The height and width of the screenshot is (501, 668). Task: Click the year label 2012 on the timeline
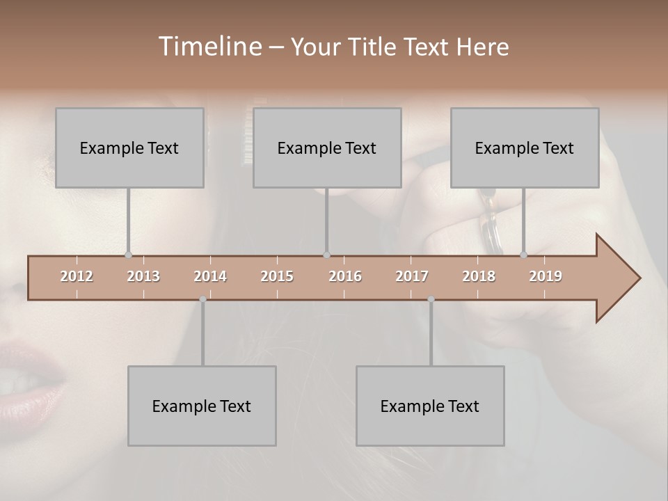[x=77, y=276]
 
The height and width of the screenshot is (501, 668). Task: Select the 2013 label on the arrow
[x=143, y=276]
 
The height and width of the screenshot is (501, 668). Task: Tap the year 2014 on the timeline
[x=210, y=276]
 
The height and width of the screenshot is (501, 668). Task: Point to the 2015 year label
[x=277, y=276]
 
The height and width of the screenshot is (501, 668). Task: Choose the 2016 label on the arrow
[x=345, y=276]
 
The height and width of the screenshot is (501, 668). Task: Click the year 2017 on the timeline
[x=412, y=276]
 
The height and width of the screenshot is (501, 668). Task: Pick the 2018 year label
[x=479, y=276]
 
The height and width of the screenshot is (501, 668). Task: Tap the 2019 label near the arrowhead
[x=546, y=276]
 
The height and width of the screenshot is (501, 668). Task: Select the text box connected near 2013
[x=129, y=148]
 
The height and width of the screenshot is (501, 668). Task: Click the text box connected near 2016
[x=327, y=148]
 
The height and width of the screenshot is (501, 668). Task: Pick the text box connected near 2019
[x=525, y=148]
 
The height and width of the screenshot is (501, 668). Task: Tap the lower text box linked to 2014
[x=202, y=406]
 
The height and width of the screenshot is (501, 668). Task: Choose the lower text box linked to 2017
[x=430, y=406]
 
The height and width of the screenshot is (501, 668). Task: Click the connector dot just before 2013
[x=128, y=255]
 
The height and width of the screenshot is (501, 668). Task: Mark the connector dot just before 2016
[x=326, y=255]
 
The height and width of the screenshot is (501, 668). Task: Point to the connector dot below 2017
[x=431, y=299]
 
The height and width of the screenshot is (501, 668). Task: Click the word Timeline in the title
[x=209, y=47]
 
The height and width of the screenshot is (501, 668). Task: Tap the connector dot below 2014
[x=202, y=299]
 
